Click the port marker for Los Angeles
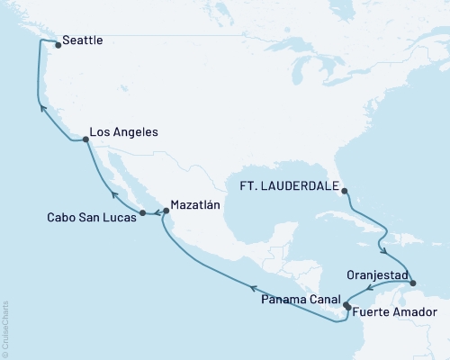85,139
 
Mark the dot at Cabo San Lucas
142,212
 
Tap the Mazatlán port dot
165,211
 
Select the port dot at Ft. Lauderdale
343,190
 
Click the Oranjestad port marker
413,283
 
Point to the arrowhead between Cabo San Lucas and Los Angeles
113,193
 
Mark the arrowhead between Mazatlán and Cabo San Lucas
154,213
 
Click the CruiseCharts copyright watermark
5,329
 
